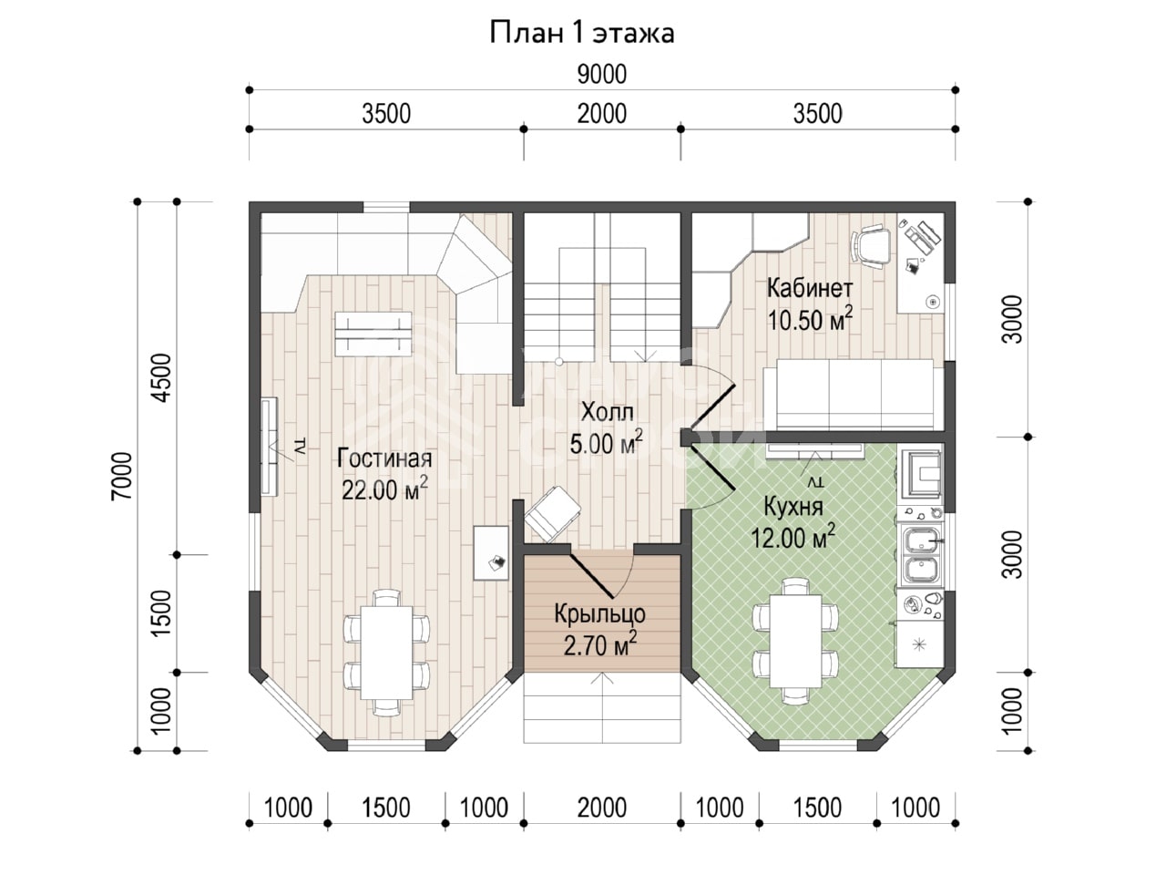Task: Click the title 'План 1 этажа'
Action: point(582,33)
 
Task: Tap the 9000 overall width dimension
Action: point(602,75)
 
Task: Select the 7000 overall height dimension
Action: point(122,476)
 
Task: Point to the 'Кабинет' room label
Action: point(810,289)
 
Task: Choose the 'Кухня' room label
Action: point(793,507)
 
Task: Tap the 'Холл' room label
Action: point(608,412)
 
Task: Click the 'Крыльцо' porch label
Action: point(599,614)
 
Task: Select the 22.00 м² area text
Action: point(384,489)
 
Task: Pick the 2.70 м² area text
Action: point(599,645)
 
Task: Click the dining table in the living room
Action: point(387,653)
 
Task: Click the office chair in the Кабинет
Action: point(871,244)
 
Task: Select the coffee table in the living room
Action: point(373,335)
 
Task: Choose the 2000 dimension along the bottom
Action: point(602,808)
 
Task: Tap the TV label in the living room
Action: point(300,447)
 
